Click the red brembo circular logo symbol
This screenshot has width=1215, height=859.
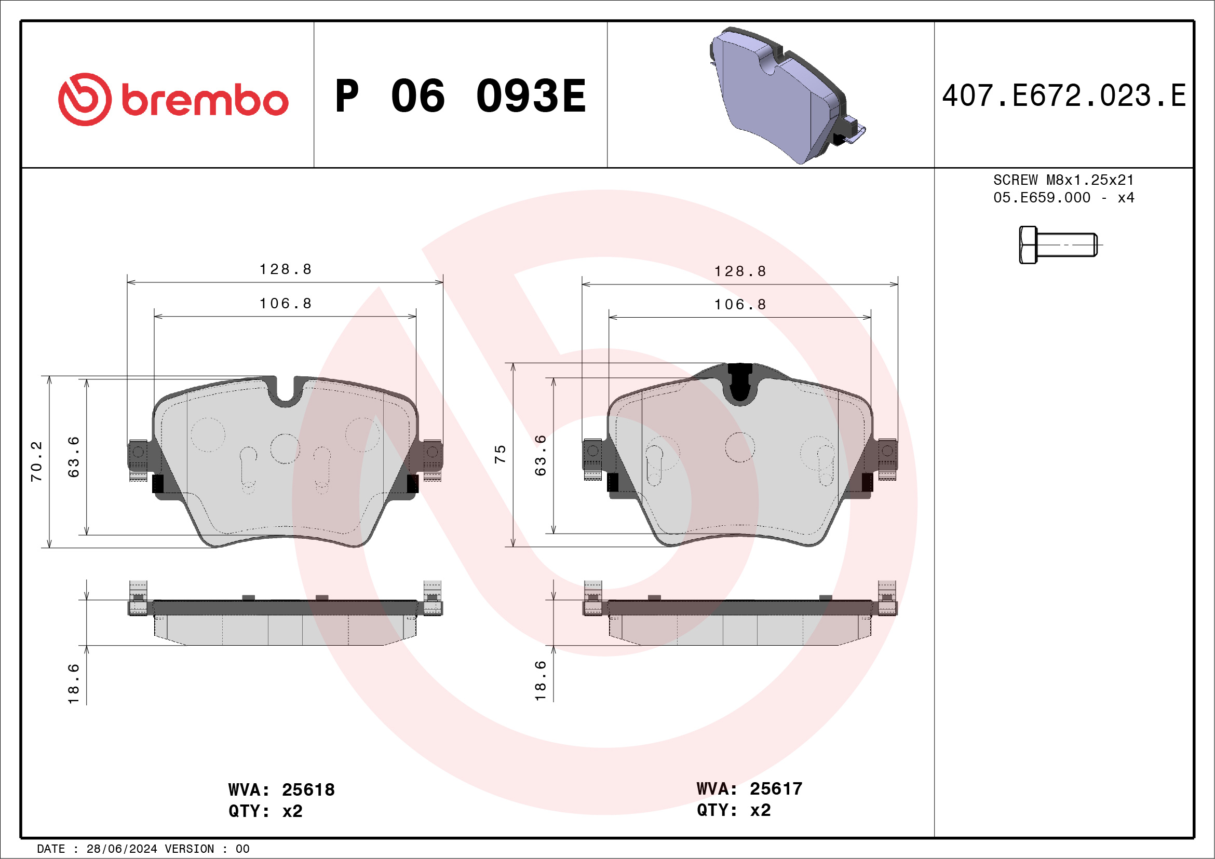tap(85, 100)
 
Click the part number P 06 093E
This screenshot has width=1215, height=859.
tap(461, 96)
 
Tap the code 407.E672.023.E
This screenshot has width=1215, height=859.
tap(1064, 96)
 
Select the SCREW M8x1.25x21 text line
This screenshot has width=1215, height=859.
tap(1063, 180)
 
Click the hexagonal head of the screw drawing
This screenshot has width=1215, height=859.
tap(1028, 245)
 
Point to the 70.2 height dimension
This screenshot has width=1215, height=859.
tap(36, 461)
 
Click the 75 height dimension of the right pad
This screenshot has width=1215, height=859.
tap(500, 454)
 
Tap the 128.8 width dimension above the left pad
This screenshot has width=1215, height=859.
tap(285, 269)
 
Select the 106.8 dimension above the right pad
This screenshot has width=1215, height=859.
tap(740, 304)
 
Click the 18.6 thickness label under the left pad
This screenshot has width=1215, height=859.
tap(74, 684)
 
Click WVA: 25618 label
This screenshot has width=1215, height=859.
tap(281, 789)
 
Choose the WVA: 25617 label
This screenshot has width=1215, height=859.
tap(749, 788)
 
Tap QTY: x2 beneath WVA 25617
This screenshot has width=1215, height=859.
tap(733, 810)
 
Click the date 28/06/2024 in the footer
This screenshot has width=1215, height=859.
tap(122, 849)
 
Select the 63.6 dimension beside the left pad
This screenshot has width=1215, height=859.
tap(74, 456)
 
